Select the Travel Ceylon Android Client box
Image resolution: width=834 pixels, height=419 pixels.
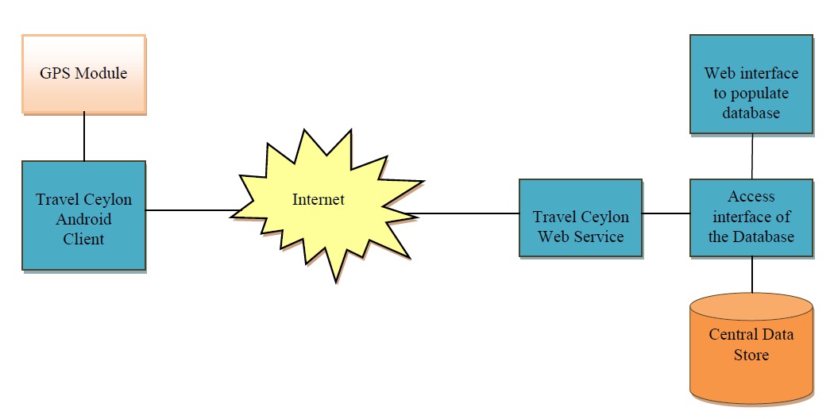(x=83, y=216)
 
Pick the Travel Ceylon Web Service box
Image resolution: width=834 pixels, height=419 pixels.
(x=580, y=217)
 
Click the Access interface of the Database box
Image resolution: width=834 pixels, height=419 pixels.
(x=751, y=217)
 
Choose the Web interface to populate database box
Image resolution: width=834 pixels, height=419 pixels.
(x=751, y=83)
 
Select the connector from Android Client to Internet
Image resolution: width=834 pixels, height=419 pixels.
(x=191, y=210)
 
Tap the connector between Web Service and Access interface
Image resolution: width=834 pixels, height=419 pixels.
(x=666, y=213)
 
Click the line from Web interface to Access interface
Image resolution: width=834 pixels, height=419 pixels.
(x=751, y=156)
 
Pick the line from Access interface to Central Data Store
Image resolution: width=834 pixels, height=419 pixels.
(x=751, y=275)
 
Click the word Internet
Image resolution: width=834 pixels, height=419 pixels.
(x=318, y=199)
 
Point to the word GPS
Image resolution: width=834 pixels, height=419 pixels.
(x=55, y=73)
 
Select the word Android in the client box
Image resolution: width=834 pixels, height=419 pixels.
(x=83, y=219)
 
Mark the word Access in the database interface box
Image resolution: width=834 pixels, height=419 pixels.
(x=751, y=196)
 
